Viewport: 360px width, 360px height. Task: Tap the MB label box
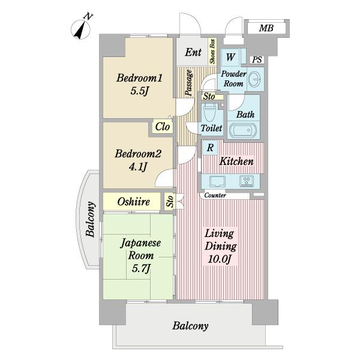(x=266, y=28)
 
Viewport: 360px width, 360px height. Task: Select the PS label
(x=257, y=59)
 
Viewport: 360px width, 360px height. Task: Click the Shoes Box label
(x=212, y=52)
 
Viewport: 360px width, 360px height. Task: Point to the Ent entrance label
(x=193, y=52)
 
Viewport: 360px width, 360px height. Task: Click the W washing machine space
(x=230, y=57)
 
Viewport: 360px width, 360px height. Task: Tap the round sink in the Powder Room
(x=254, y=79)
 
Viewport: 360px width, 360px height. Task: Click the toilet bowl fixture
(x=210, y=112)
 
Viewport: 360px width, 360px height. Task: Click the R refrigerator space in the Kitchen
(x=210, y=148)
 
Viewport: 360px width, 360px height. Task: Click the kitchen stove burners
(x=247, y=181)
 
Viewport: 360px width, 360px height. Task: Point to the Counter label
(x=215, y=196)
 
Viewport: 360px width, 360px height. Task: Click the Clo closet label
(x=163, y=127)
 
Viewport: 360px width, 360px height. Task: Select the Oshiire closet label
(x=133, y=202)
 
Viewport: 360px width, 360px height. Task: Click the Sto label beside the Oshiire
(x=170, y=202)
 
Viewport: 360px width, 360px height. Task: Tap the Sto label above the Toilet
(x=209, y=96)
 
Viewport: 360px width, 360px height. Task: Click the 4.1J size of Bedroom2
(x=138, y=166)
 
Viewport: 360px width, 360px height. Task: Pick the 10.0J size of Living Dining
(x=219, y=259)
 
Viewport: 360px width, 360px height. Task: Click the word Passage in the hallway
(x=189, y=82)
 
